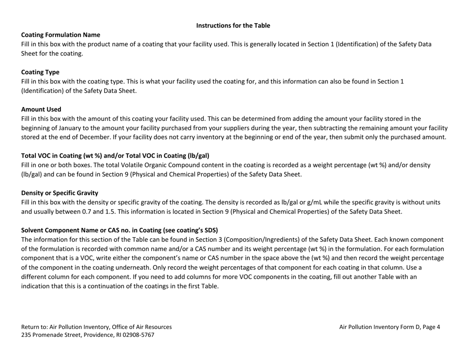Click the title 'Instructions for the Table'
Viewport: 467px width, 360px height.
(x=233, y=26)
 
